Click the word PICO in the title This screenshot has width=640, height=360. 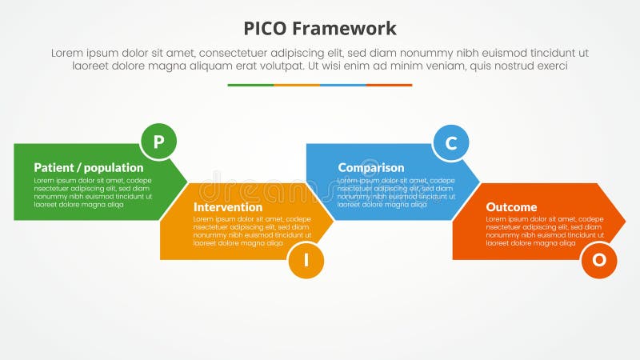(266, 30)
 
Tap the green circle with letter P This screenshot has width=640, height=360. (158, 142)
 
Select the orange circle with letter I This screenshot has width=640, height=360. (306, 261)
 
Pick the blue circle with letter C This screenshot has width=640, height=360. (451, 142)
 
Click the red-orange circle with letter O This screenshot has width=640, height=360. (598, 261)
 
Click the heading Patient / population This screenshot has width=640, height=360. (89, 168)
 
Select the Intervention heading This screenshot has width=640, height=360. (228, 207)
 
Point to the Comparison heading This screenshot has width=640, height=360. (370, 168)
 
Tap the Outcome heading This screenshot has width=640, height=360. (511, 207)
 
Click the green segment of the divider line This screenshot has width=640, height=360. (250, 85)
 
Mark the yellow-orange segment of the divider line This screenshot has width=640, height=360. (297, 85)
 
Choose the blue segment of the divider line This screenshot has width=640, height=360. (343, 85)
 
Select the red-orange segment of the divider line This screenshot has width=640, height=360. (389, 85)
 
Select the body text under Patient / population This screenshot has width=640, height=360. (92, 193)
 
